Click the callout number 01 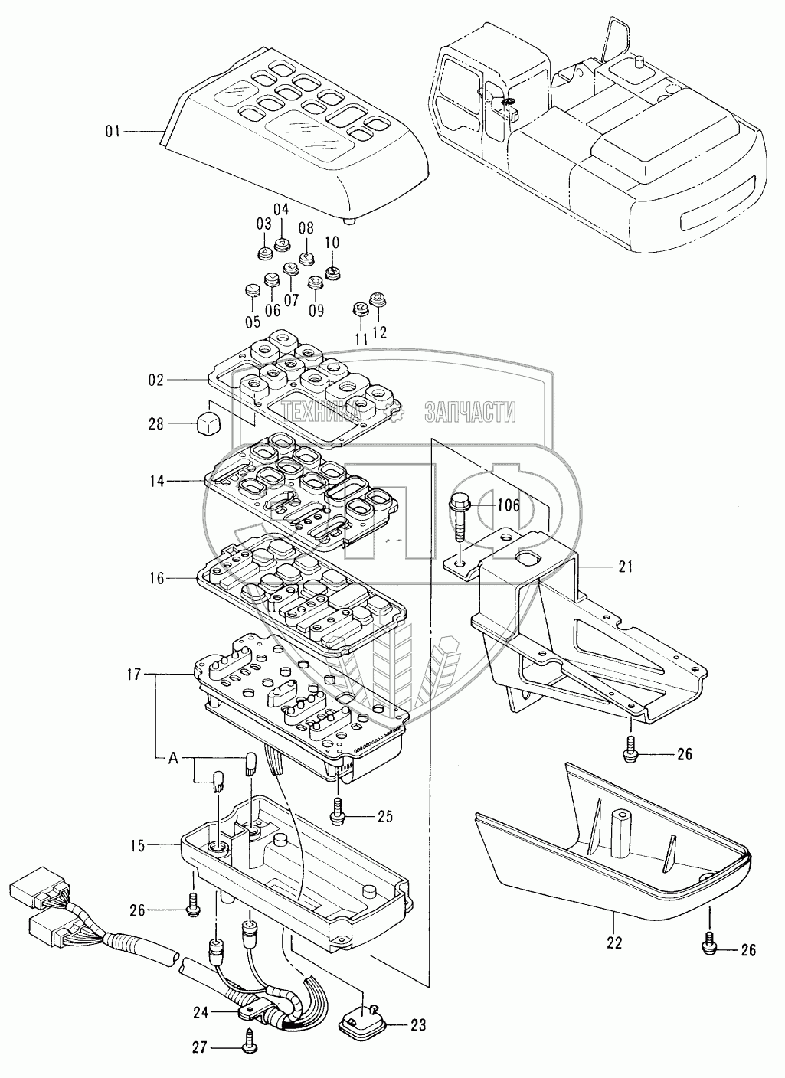tap(113, 132)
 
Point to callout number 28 tap(156, 423)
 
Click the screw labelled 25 tap(338, 812)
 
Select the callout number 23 tap(418, 1024)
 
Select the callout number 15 tap(138, 846)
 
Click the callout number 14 tap(157, 481)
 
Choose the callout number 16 tap(156, 579)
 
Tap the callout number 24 tap(201, 1012)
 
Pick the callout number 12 tap(380, 332)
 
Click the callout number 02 tap(156, 380)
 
